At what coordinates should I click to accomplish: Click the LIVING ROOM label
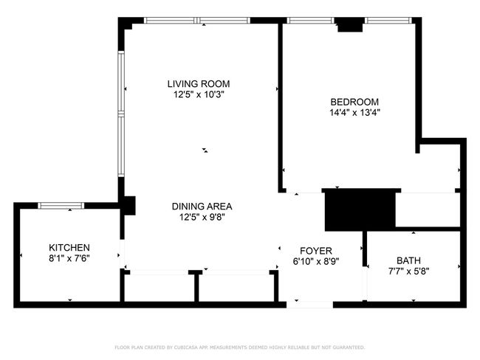point(199,84)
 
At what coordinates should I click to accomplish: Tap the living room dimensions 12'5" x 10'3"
point(199,94)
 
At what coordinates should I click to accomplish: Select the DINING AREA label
point(202,207)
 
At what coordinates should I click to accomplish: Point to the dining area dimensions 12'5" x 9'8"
point(202,218)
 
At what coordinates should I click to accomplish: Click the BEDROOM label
point(354,102)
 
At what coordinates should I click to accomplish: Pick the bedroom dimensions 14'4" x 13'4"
point(354,113)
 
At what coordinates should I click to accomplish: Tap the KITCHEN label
point(69,247)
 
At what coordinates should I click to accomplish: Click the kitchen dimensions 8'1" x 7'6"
point(69,258)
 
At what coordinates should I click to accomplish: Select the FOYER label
point(316,251)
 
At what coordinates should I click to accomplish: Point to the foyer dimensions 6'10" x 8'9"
point(316,262)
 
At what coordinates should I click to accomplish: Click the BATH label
point(408,260)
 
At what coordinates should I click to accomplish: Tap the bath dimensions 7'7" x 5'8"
point(408,271)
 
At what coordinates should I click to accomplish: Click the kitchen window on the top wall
point(61,206)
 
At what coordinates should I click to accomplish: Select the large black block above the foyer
point(360,210)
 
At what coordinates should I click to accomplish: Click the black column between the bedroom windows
point(350,25)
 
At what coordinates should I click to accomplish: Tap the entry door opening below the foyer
point(310,305)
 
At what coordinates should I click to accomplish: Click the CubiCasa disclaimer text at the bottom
point(240,347)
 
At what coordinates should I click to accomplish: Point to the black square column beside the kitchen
point(128,206)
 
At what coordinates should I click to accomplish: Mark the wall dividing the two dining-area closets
point(196,286)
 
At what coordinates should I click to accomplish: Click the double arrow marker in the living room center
point(205,150)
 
